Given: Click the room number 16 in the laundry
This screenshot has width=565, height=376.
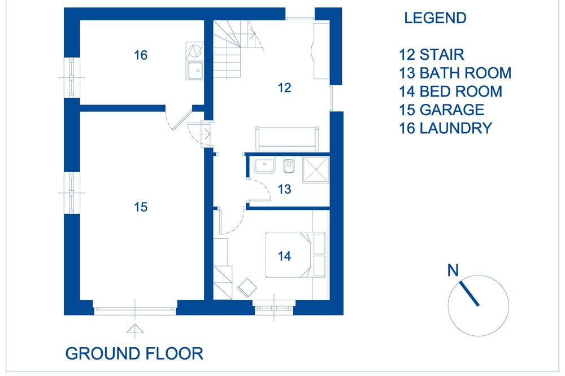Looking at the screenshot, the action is (141, 55).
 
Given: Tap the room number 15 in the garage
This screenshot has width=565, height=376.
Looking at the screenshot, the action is (141, 207).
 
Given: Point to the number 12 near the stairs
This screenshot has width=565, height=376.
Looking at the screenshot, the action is (284, 88).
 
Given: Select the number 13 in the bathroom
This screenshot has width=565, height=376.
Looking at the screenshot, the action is (284, 189).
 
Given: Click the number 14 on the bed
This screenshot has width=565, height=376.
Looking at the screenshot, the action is (284, 256).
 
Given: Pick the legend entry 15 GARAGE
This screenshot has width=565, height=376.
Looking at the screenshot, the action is (441, 110).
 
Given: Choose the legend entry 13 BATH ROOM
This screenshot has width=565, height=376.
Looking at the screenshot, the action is (455, 73).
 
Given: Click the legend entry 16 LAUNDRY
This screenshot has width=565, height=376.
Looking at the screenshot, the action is (445, 128).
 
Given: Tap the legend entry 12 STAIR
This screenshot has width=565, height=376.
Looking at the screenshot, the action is (431, 55).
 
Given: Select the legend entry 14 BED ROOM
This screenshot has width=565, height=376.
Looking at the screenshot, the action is (450, 91).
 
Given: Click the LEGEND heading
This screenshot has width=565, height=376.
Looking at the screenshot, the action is (435, 18).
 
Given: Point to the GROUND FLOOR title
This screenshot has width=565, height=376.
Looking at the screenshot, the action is (134, 353).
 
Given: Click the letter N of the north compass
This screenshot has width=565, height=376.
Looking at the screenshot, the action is (453, 270).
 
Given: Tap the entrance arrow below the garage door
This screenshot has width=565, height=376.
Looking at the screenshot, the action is (135, 329).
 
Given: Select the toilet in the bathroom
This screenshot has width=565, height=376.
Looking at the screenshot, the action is (288, 166).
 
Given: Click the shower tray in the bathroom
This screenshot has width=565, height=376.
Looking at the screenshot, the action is (316, 169).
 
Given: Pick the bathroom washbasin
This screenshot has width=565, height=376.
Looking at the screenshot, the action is (265, 165).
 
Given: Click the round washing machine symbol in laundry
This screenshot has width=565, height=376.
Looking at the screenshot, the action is (194, 51).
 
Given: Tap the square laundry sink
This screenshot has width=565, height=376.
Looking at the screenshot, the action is (194, 71).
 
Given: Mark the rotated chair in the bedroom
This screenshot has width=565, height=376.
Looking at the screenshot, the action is (247, 287).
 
